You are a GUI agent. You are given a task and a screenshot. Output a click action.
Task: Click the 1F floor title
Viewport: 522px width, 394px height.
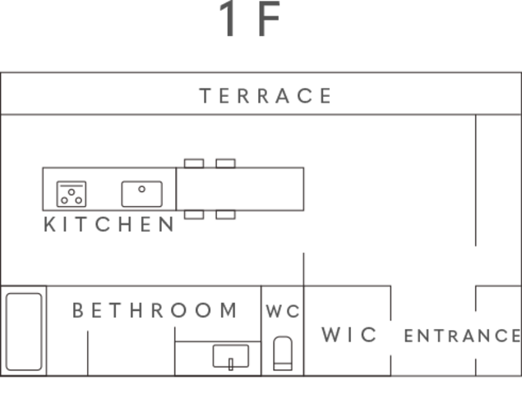click(249, 18)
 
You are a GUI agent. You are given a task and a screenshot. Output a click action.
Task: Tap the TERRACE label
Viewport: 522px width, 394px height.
click(266, 96)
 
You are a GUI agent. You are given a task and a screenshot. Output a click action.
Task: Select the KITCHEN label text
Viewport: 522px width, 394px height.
click(109, 224)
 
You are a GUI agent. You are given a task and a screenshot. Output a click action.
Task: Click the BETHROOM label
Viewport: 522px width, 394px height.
click(155, 310)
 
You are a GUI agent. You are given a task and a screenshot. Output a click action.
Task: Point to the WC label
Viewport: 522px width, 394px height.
click(283, 312)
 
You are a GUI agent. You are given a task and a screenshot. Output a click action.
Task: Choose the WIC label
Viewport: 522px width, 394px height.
click(349, 334)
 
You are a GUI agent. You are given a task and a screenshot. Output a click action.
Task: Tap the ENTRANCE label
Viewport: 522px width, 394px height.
click(463, 336)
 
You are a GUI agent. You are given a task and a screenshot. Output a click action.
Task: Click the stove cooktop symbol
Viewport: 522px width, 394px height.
click(72, 194)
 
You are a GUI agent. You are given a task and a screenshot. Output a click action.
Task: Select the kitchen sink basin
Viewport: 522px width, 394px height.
click(142, 194)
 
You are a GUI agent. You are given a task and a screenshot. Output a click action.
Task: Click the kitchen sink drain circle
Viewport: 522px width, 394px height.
click(142, 189)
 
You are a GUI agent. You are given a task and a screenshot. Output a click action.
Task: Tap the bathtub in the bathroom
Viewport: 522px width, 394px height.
click(24, 332)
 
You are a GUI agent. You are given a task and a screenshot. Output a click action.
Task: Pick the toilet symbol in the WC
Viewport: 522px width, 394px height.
click(283, 353)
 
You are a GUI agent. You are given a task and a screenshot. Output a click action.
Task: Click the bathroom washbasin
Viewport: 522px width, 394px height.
click(231, 356)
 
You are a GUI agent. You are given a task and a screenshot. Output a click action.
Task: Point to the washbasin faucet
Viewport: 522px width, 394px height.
click(231, 364)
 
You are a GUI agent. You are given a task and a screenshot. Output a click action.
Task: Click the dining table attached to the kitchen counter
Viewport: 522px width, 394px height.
click(240, 189)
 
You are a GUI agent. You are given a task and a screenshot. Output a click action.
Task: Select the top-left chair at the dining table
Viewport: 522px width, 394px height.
click(194, 163)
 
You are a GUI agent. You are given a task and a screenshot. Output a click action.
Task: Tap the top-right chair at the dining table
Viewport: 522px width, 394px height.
click(226, 163)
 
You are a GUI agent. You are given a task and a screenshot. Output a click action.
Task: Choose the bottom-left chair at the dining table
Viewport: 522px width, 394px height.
click(194, 215)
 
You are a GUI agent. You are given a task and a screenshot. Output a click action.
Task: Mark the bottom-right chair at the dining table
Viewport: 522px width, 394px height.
click(226, 215)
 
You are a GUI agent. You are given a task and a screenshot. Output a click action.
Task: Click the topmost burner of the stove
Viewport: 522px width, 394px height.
click(72, 192)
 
